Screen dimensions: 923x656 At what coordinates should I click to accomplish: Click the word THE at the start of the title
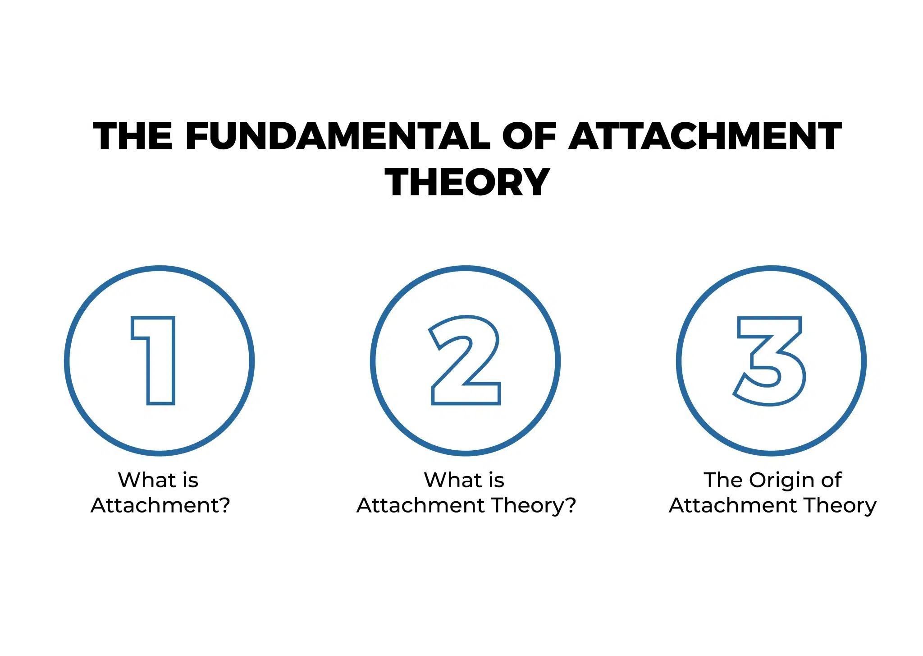[133, 136]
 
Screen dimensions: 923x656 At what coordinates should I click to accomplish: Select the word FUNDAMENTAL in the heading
[338, 136]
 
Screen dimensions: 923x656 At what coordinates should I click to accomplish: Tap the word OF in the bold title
[530, 136]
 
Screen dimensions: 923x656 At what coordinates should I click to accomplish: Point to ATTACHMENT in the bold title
[705, 136]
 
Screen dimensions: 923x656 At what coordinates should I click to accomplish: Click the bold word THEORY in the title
[467, 182]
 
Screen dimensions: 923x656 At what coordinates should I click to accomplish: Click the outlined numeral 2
[465, 360]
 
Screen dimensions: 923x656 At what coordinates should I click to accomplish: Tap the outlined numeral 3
[770, 360]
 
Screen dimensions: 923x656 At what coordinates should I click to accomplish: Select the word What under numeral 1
[146, 480]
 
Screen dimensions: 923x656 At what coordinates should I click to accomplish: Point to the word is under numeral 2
[496, 480]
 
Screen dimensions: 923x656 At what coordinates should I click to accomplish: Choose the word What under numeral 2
[452, 480]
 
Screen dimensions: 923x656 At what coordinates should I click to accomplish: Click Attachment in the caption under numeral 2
[421, 505]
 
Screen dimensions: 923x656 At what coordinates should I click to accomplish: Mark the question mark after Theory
[571, 505]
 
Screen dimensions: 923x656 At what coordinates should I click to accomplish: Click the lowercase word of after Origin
[832, 480]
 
